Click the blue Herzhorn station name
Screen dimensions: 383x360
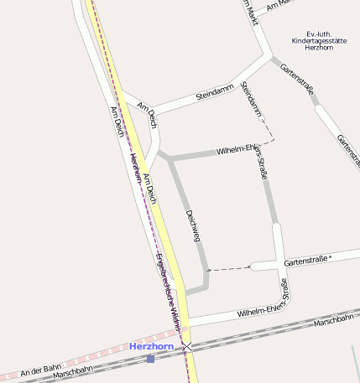[x=151, y=346]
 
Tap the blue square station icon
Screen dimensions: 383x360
[x=150, y=359]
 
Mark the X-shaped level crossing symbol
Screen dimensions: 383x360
[x=187, y=346]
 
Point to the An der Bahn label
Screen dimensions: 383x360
[x=41, y=369]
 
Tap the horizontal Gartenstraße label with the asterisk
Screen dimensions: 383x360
[x=307, y=261]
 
